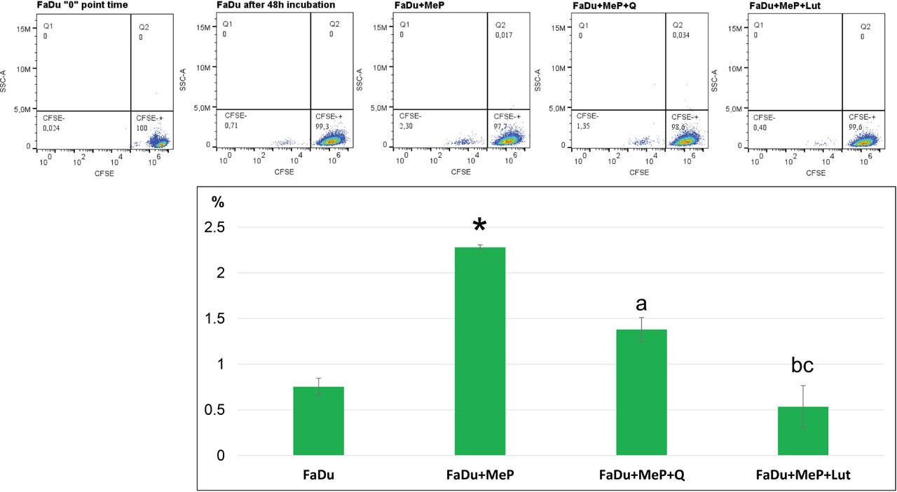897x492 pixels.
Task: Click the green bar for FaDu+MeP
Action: click(480, 350)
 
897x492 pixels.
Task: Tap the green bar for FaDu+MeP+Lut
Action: click(803, 431)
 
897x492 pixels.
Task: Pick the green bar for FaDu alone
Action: click(319, 421)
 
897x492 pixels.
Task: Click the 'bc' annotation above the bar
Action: click(802, 364)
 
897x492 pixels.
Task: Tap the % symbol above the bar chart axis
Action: click(218, 202)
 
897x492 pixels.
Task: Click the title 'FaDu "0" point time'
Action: click(82, 5)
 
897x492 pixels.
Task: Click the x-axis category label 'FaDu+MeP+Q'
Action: click(641, 475)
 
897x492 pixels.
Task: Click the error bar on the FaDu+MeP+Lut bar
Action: click(803, 406)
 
